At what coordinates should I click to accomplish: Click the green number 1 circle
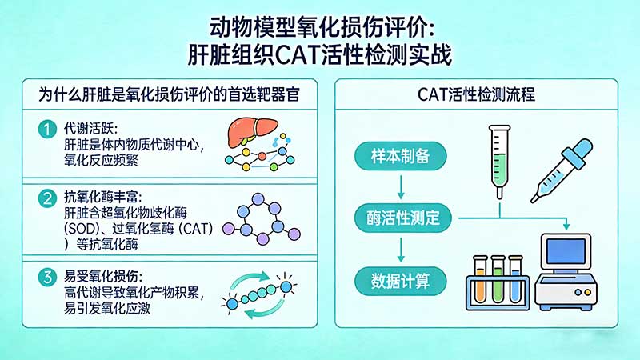point(47,129)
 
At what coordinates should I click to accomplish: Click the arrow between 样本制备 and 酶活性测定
point(398,186)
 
